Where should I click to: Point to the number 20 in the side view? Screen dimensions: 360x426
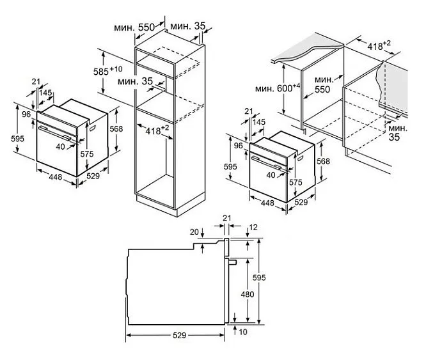tap(194, 232)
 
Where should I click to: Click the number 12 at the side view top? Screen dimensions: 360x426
tap(254, 227)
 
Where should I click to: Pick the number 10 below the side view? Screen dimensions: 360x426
tap(244, 331)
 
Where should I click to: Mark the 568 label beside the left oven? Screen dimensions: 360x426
tap(116, 129)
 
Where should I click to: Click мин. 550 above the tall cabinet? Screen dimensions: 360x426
tap(135, 28)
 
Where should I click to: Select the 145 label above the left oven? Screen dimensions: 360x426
tap(45, 93)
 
